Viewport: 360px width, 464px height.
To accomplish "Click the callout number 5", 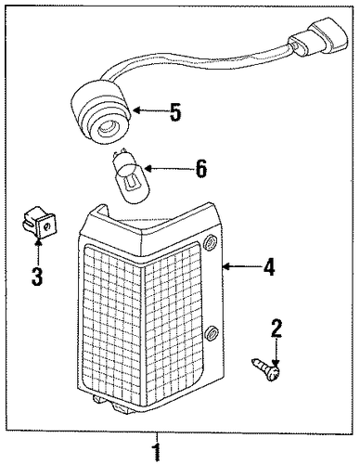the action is click(x=175, y=112).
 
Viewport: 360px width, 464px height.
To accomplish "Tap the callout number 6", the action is click(x=201, y=169).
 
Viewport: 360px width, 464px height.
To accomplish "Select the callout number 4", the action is click(x=269, y=267).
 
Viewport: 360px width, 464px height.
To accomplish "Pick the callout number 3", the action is click(x=37, y=277).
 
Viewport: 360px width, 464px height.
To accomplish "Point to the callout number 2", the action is click(x=276, y=329).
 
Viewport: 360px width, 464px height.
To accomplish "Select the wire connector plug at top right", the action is click(x=318, y=40).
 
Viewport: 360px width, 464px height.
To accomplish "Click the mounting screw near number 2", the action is click(x=266, y=369).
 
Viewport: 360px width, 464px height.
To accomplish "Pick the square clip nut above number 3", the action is click(x=40, y=223).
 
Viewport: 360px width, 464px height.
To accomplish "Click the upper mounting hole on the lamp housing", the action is click(x=211, y=242).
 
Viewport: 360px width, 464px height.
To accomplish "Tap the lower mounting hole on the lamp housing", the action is click(x=212, y=333).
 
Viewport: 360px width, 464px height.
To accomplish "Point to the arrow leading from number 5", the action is click(x=149, y=110).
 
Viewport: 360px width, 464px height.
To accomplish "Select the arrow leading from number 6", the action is click(x=168, y=169).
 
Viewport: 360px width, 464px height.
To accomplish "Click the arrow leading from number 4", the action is click(x=241, y=265).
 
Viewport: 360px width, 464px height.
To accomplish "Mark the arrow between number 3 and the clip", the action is click(x=38, y=251).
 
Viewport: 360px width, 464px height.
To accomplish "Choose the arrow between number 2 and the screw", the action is click(x=276, y=353).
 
